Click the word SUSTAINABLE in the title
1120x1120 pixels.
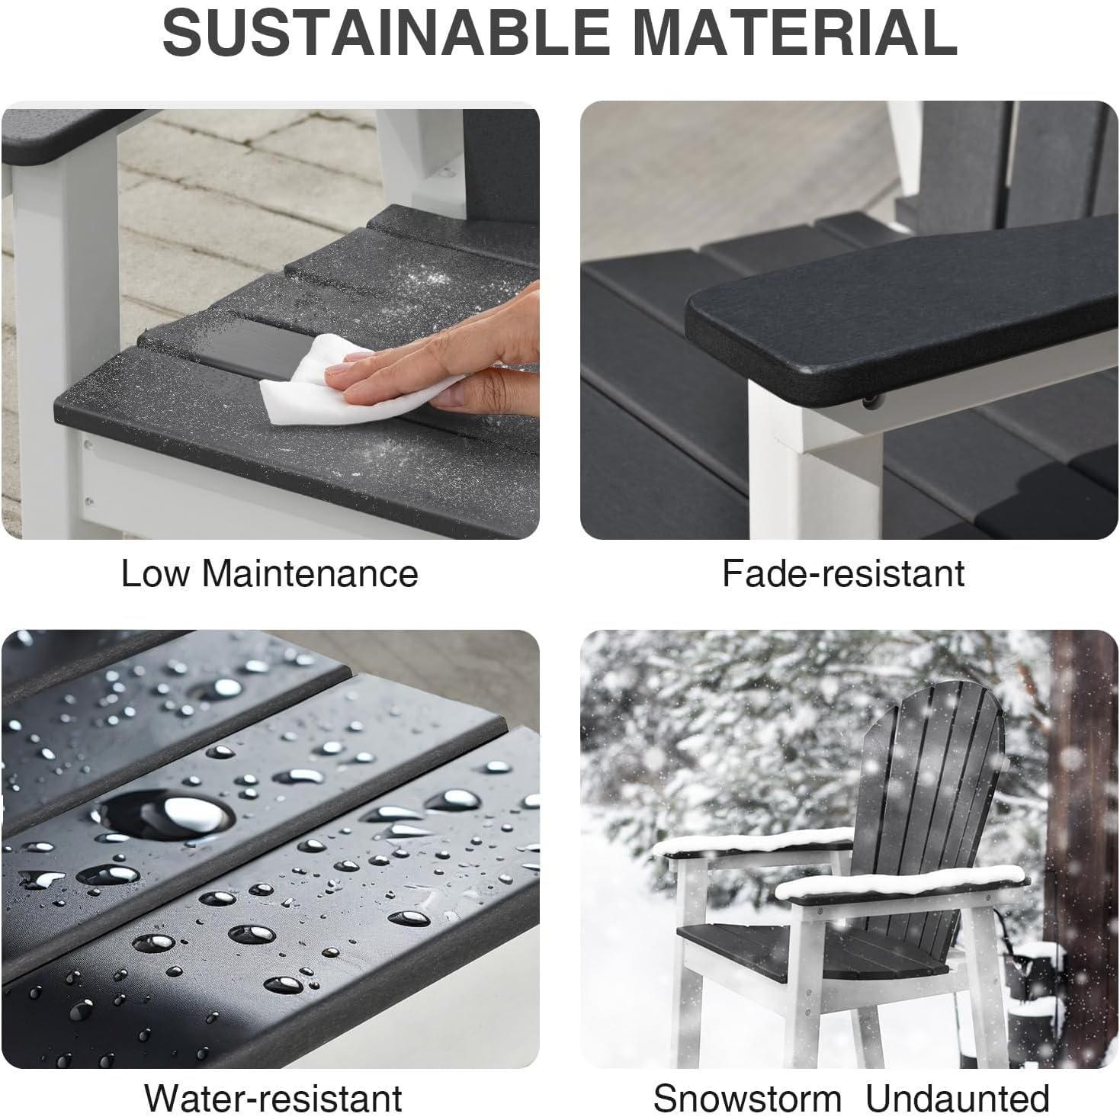tap(384, 34)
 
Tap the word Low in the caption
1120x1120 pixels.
tap(156, 573)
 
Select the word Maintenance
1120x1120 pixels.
tap(310, 573)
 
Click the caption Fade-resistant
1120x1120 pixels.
tap(843, 573)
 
